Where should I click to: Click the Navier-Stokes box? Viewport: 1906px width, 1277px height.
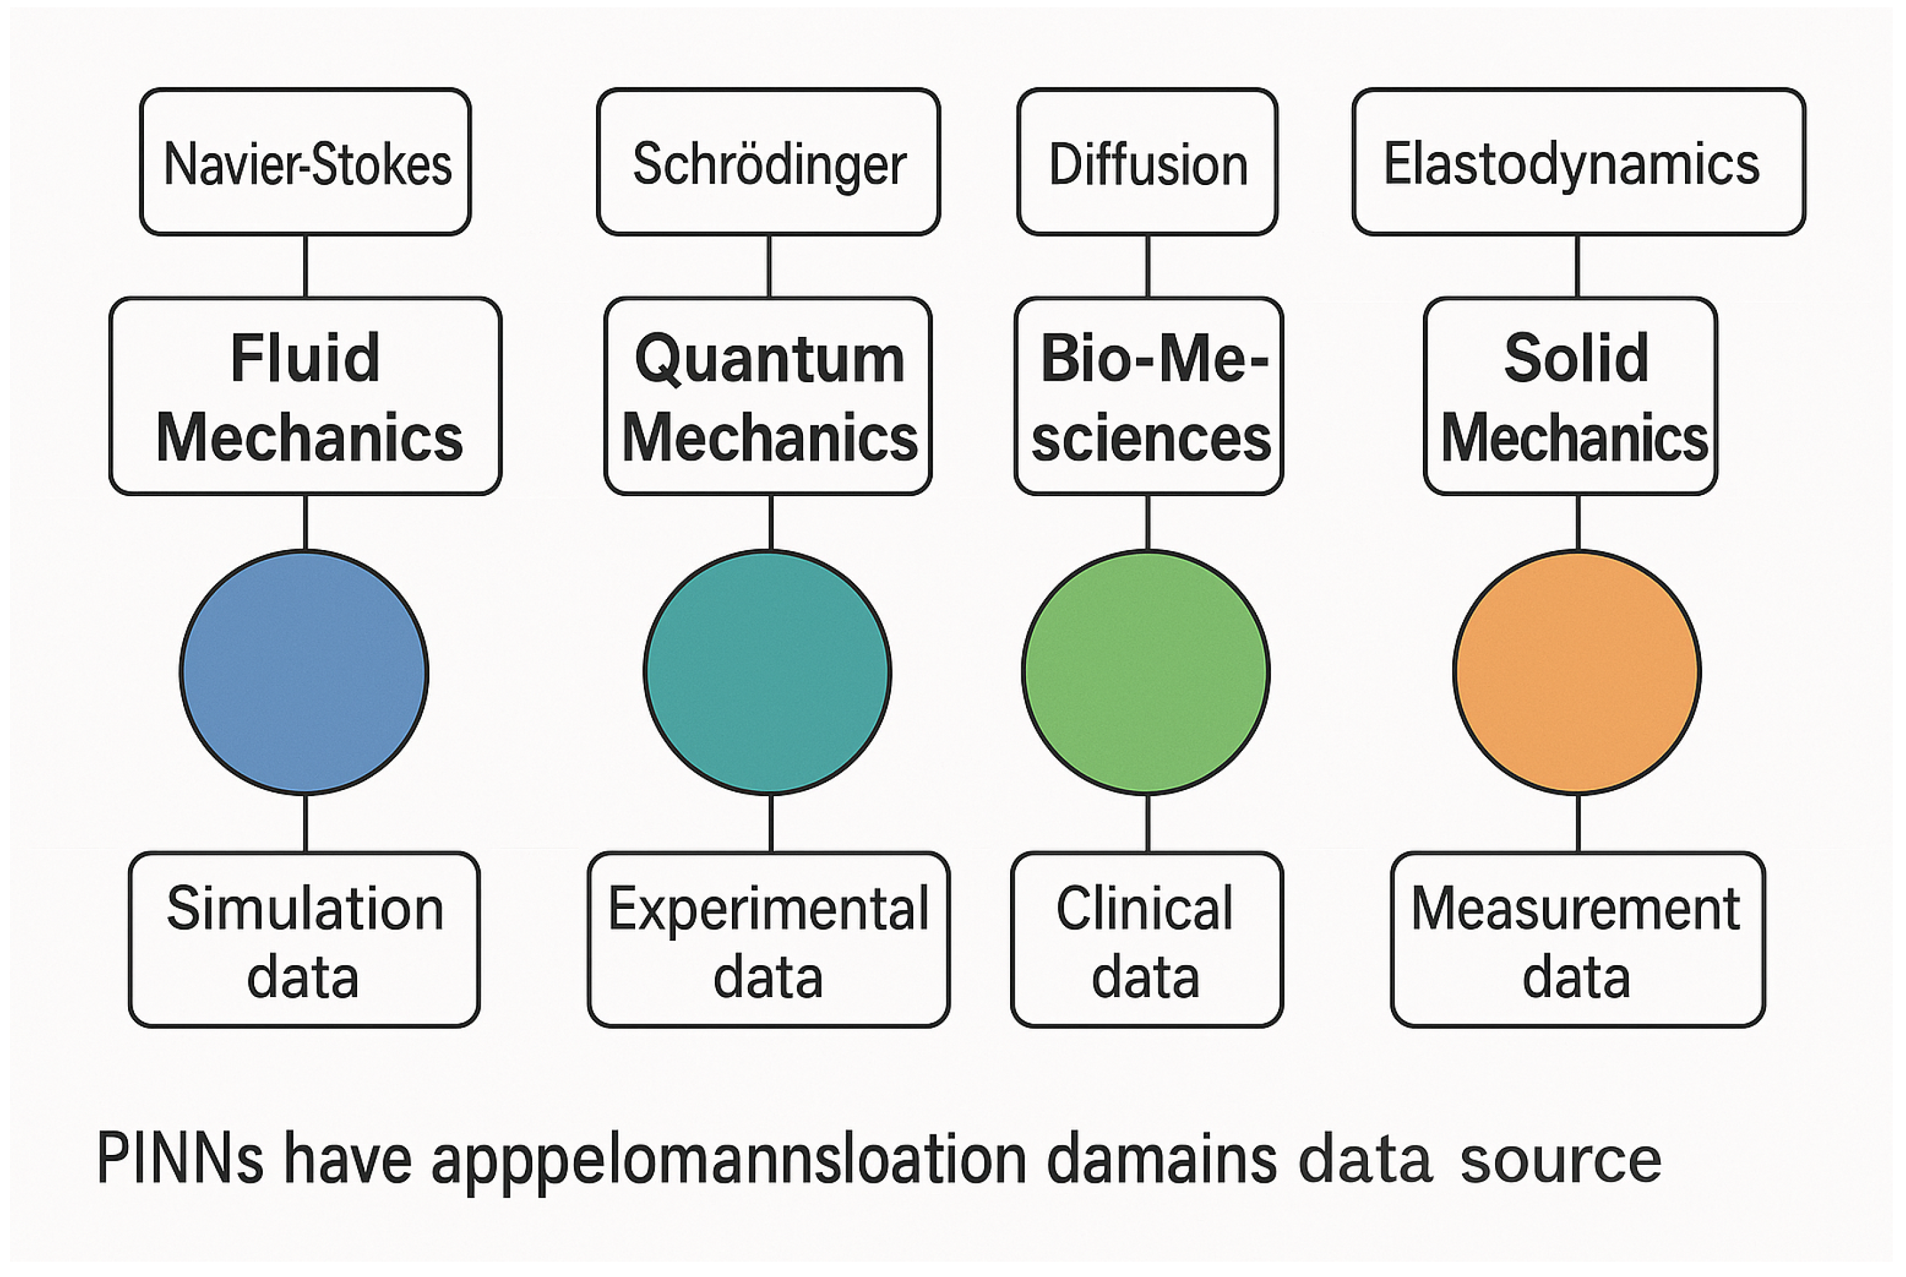(305, 162)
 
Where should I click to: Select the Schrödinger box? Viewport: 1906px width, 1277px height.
(768, 162)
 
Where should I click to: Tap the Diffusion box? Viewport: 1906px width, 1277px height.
(1147, 162)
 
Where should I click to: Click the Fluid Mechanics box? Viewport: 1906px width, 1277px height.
(305, 396)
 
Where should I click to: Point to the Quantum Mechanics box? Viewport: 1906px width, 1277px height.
(768, 396)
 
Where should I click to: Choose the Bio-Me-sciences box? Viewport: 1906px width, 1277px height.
(1149, 396)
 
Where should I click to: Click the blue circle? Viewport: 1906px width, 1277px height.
(304, 672)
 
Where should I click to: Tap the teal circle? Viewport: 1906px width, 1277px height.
(767, 672)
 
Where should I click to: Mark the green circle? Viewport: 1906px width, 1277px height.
(1146, 672)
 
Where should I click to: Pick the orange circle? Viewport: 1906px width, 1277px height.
(1577, 672)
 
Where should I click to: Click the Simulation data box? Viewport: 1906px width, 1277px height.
(304, 939)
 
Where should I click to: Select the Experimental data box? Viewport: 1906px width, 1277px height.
(768, 939)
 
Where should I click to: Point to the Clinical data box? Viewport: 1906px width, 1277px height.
(1147, 939)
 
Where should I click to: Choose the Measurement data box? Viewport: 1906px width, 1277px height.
(1577, 939)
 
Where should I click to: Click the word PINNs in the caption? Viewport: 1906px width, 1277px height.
(179, 1158)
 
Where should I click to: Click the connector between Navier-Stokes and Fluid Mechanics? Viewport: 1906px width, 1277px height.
(305, 266)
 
